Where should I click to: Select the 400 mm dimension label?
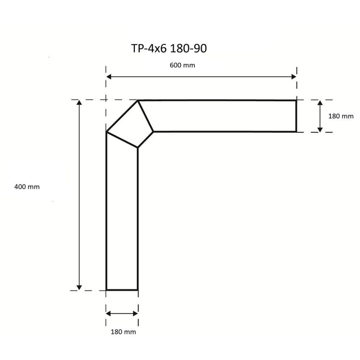[27, 187]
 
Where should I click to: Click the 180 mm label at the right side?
[341, 116]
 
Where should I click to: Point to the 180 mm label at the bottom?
[123, 332]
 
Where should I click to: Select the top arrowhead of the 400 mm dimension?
[79, 103]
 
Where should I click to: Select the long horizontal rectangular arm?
[223, 116]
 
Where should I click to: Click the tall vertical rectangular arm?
[122, 216]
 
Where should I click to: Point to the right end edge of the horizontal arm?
[296, 116]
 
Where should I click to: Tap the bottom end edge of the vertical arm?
[122, 289]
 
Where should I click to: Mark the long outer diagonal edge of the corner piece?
[122, 116]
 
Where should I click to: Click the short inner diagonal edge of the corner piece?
[146, 139]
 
